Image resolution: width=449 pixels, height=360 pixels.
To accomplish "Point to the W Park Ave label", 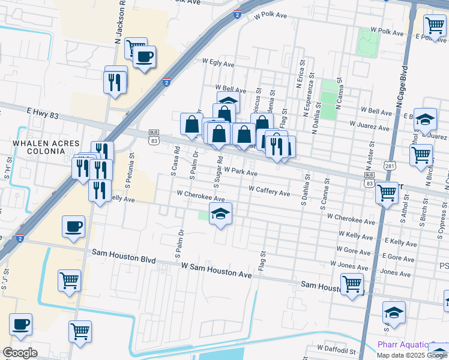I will click(x=241, y=172).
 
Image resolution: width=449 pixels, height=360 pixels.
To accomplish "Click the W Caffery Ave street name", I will click(x=270, y=191).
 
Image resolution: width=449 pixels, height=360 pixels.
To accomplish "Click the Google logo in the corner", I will click(x=20, y=353).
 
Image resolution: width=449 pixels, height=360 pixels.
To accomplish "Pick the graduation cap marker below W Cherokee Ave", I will click(x=220, y=214).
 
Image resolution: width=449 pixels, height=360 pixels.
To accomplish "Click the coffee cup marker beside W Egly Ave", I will click(x=144, y=57).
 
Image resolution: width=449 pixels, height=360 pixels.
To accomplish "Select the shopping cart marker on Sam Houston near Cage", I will click(x=352, y=284).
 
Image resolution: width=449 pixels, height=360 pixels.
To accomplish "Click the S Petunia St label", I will click(x=131, y=169).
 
